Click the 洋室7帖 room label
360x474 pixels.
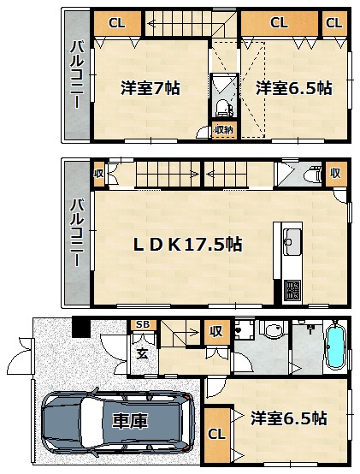150,88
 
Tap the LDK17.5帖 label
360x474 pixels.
188,244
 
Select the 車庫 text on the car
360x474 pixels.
130,420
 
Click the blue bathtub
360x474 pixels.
336,347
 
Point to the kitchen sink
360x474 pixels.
292,242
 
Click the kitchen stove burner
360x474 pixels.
292,289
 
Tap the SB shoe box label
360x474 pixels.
143,324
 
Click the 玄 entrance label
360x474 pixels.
142,353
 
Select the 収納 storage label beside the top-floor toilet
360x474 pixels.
224,130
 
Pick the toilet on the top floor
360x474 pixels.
223,108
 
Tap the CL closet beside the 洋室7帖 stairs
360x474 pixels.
117,23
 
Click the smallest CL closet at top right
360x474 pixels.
334,23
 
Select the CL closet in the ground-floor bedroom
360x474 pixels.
217,435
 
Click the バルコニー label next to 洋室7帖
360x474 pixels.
76,75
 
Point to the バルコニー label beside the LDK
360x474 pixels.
76,233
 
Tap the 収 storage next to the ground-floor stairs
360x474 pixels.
216,332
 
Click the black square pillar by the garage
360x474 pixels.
81,327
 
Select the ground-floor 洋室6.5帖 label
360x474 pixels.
288,418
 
